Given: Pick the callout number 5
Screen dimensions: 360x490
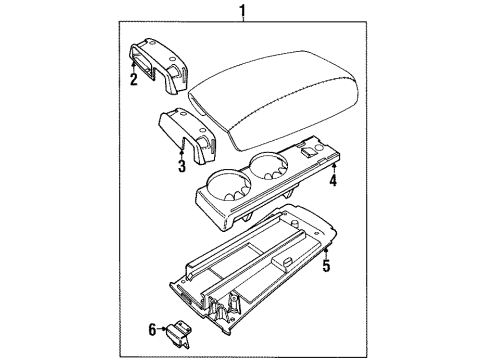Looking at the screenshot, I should pos(326,268).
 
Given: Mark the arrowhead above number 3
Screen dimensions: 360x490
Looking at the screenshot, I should pos(181,151).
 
